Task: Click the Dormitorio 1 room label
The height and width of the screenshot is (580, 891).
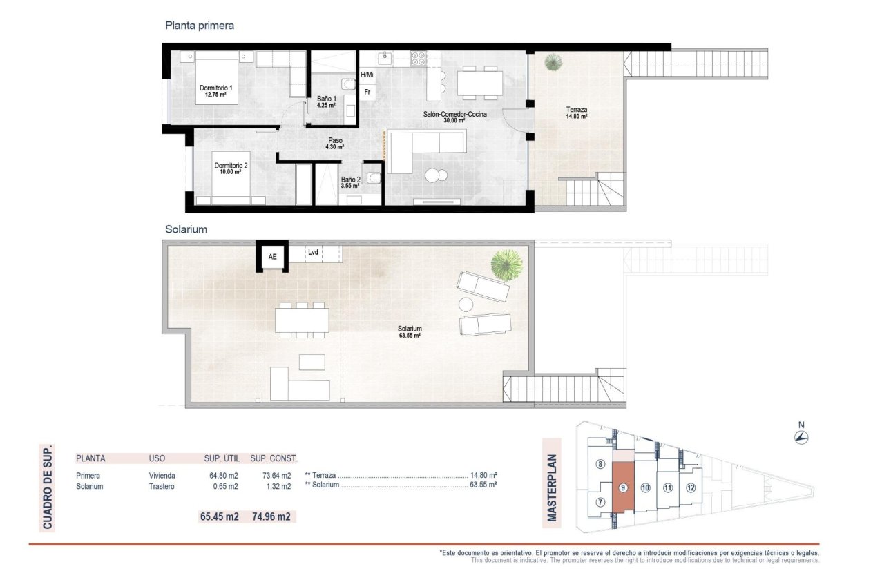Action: click(216, 91)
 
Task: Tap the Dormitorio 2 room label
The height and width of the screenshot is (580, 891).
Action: click(231, 168)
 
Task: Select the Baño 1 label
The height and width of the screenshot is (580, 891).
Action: click(326, 102)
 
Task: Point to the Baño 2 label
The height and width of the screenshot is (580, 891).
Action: click(351, 182)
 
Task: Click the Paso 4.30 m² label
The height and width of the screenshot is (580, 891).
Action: click(336, 144)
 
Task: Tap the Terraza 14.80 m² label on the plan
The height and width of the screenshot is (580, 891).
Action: click(577, 113)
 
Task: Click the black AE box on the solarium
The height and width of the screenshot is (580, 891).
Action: click(272, 256)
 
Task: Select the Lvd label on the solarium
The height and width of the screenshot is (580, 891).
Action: click(313, 253)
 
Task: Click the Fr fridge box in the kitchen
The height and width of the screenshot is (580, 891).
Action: click(367, 92)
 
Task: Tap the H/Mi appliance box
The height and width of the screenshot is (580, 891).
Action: click(367, 75)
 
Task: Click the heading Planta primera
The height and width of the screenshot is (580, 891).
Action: click(200, 26)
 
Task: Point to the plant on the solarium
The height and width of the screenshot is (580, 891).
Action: click(506, 264)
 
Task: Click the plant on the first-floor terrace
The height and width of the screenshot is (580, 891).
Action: click(553, 63)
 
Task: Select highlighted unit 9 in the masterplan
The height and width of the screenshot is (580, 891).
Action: click(623, 487)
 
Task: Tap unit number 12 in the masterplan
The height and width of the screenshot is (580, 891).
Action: click(691, 487)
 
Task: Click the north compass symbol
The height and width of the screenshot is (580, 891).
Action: click(801, 436)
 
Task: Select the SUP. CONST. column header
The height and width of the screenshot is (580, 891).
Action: click(274, 458)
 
